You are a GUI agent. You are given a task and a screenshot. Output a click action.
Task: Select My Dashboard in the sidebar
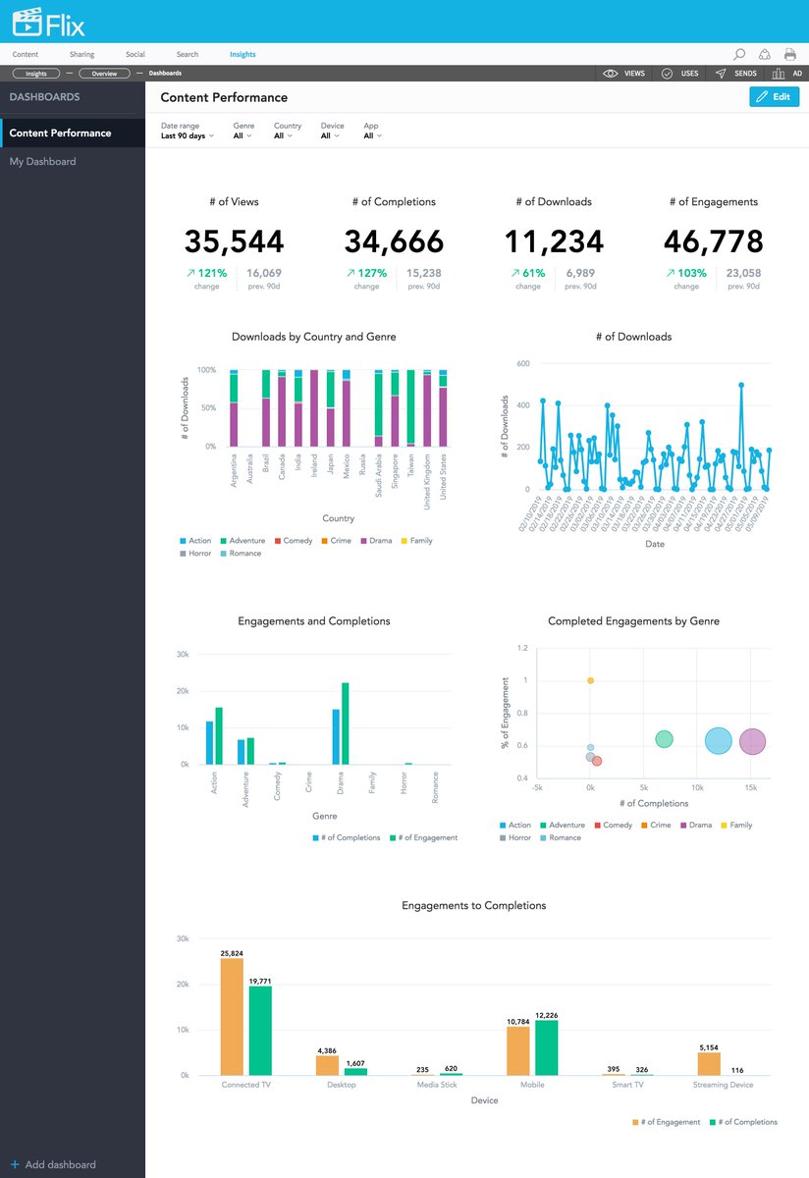tap(43, 162)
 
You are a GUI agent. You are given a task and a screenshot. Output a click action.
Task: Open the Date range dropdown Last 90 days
tap(187, 136)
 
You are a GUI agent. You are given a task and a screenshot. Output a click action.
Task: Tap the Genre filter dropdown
tap(243, 136)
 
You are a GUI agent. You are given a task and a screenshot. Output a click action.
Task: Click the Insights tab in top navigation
tap(243, 55)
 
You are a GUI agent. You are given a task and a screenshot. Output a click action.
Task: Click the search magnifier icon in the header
tap(739, 55)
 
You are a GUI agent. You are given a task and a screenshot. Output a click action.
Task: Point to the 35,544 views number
tap(234, 241)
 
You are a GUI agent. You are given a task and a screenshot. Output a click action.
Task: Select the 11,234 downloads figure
tap(554, 241)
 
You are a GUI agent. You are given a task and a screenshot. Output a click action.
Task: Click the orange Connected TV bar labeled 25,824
tap(232, 1017)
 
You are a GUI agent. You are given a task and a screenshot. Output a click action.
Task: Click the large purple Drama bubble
tap(752, 742)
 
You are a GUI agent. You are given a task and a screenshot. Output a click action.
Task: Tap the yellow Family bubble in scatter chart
tap(590, 680)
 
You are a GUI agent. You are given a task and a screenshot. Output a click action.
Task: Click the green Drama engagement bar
tap(345, 723)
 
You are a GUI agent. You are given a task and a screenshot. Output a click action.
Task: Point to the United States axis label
tap(443, 477)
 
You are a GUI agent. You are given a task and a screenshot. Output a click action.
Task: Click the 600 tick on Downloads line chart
tap(523, 363)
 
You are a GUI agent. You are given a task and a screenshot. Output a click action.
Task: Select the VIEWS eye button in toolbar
tap(624, 74)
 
